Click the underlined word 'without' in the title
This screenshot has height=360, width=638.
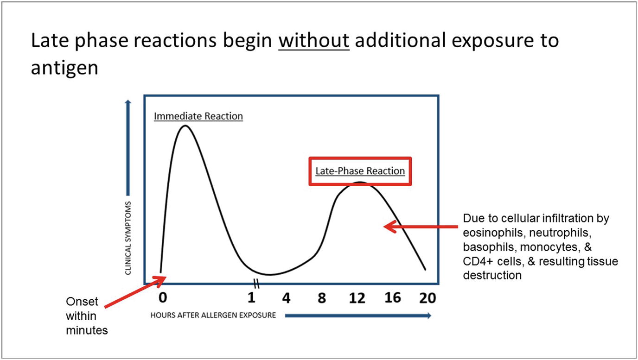[x=313, y=41]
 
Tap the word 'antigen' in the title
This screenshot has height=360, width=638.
[x=64, y=68]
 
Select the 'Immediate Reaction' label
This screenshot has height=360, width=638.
[x=198, y=116]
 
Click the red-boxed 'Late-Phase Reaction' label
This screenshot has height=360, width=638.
[x=360, y=171]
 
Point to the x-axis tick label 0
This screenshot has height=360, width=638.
[x=162, y=297]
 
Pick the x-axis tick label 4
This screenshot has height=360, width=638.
[x=287, y=298]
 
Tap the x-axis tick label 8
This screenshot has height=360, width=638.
[x=322, y=298]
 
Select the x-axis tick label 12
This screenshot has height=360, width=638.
[x=357, y=298]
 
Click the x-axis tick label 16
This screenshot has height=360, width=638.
[x=392, y=297]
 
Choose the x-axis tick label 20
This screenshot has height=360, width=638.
[x=427, y=297]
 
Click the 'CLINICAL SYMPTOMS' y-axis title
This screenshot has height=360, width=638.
[x=128, y=237]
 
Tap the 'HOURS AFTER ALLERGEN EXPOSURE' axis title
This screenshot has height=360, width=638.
[x=213, y=316]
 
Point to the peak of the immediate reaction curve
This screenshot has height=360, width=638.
[x=185, y=126]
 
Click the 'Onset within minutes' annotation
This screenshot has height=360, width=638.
[x=87, y=316]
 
